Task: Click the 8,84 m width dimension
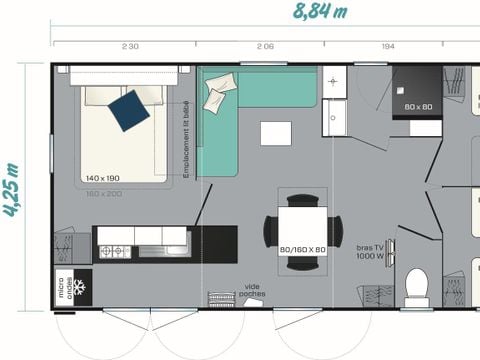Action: click(320, 12)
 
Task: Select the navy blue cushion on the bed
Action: click(129, 110)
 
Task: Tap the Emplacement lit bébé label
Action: click(186, 140)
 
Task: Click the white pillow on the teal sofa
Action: click(217, 95)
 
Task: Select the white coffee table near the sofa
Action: click(276, 133)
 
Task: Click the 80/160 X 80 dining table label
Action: click(302, 248)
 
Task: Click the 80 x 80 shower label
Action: click(417, 106)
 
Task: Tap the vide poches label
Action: click(253, 291)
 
